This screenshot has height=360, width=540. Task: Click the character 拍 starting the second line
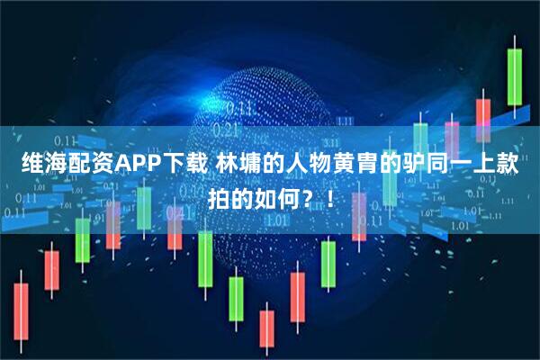tap(220, 195)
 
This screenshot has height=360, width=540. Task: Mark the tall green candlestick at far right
tap(514, 76)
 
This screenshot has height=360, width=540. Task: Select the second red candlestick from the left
tap(51, 269)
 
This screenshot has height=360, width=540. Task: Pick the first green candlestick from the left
tap(82, 238)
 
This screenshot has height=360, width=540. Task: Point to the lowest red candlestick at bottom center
tap(266, 328)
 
